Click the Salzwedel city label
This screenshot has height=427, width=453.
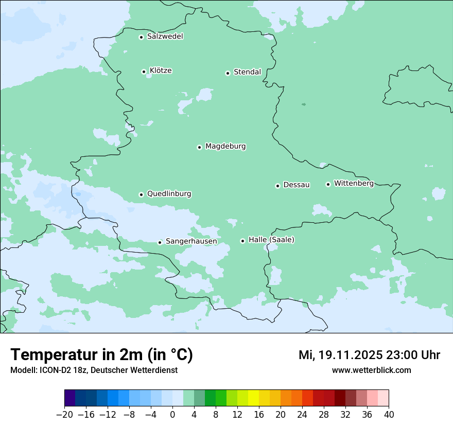coord(165,37)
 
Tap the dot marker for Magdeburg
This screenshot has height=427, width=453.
coord(199,147)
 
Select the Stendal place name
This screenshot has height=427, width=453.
coord(247,72)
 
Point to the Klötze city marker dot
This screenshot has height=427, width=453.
coord(144,72)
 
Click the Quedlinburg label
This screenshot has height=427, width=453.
coord(169,194)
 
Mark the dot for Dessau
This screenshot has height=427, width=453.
coord(277,186)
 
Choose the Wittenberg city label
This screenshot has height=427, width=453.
coord(354,183)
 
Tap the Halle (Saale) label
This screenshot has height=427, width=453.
coord(271,240)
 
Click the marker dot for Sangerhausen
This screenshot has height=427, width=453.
coord(160,242)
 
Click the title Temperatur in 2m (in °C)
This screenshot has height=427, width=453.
coord(101,355)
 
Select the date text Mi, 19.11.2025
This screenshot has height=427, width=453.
coord(340,355)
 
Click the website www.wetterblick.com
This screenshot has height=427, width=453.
coord(371,370)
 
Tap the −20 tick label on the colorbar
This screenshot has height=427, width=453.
coord(65,415)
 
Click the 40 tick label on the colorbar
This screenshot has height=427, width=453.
coord(389,415)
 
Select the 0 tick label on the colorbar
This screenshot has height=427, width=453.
coord(172,415)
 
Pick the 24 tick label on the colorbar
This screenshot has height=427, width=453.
coord(302,415)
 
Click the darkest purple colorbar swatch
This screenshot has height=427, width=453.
coord(70,398)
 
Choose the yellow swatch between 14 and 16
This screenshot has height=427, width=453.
coord(253,398)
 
